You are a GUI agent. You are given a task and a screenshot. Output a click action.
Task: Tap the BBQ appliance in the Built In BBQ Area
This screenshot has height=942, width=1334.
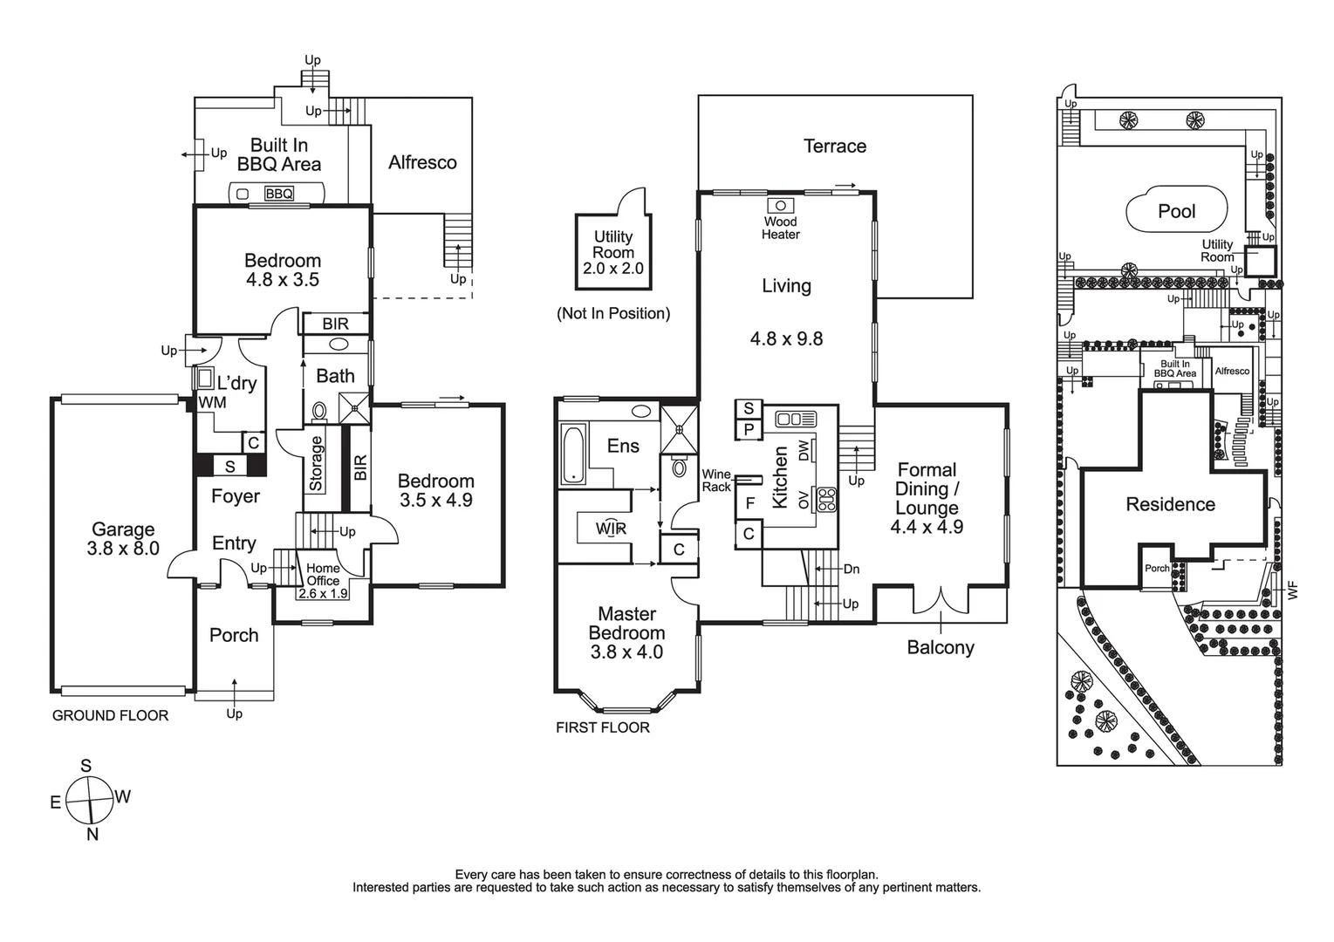tap(278, 194)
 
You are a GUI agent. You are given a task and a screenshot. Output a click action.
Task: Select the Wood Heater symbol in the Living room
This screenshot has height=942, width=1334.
tap(779, 206)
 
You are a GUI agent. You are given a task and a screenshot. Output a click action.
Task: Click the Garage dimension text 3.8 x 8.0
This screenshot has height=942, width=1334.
tap(123, 549)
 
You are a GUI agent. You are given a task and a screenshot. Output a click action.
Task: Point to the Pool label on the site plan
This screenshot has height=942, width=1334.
tap(1176, 211)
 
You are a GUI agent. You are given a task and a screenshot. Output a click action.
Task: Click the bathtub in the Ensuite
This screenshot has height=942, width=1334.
tap(572, 454)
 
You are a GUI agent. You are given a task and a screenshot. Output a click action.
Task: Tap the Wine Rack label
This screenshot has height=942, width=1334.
tap(716, 481)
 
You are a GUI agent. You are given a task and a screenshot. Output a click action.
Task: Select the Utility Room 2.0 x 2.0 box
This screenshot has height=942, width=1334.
tap(613, 253)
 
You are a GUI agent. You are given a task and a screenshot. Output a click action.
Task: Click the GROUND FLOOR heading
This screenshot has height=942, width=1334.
tap(110, 715)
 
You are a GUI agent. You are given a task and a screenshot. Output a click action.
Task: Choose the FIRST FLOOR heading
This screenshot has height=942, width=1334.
tap(602, 727)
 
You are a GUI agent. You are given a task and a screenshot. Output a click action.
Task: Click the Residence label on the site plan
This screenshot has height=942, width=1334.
tap(1170, 504)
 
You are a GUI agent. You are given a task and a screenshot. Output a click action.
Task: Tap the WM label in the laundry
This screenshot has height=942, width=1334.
tap(212, 402)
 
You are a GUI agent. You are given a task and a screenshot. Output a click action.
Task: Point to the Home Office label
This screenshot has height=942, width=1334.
tap(323, 574)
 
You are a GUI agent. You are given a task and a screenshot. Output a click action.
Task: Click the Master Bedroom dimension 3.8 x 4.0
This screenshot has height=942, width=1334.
tap(626, 652)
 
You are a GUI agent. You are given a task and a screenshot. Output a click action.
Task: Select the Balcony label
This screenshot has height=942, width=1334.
tap(940, 647)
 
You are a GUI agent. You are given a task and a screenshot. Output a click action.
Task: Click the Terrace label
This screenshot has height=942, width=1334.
tap(834, 147)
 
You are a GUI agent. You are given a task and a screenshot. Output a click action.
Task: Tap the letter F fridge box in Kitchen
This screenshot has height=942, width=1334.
tap(749, 502)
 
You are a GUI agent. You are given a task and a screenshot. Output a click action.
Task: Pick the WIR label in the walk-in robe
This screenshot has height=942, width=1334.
tap(611, 529)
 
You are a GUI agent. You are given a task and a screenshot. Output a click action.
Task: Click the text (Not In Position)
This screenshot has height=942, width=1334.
tap(613, 313)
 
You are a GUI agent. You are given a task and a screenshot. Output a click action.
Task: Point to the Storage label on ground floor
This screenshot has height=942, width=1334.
tap(316, 463)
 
